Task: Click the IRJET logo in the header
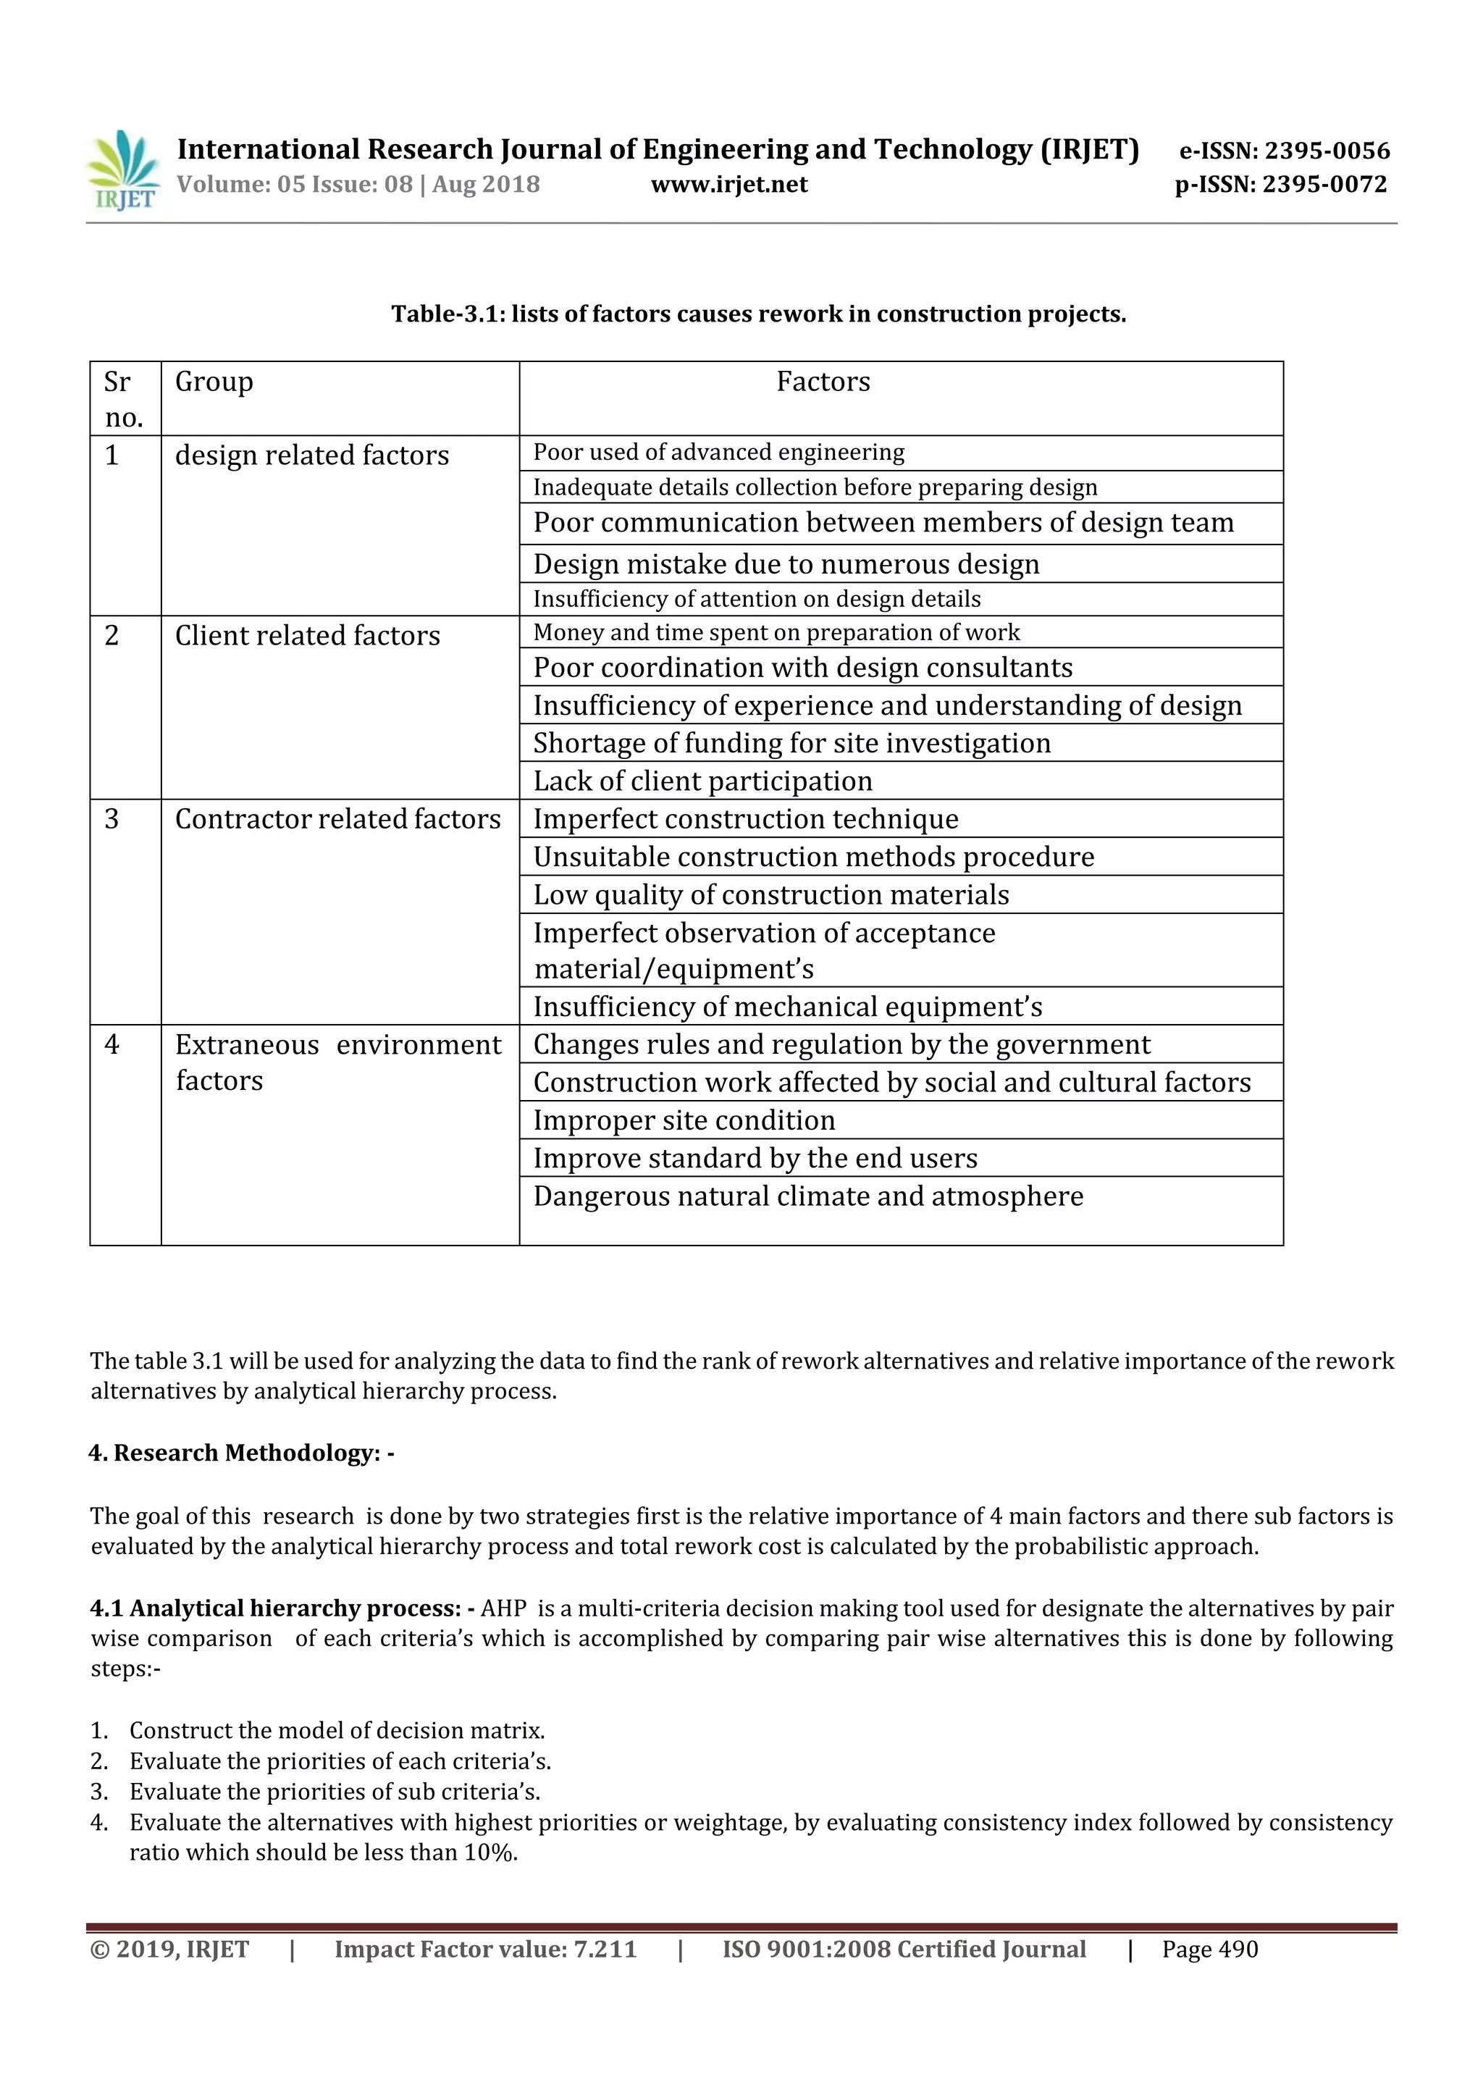[x=123, y=171]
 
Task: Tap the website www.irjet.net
[x=729, y=185]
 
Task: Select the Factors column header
[x=823, y=382]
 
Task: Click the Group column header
[x=214, y=382]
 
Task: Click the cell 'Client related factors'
[x=307, y=635]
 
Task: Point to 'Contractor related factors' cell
[x=337, y=819]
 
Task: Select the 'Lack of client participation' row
[x=702, y=781]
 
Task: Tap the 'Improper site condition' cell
[x=684, y=1120]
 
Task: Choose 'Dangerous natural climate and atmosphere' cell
[x=807, y=1196]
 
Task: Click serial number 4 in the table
[x=112, y=1044]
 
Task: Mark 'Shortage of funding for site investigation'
[x=791, y=743]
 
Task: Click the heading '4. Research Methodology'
[x=241, y=1453]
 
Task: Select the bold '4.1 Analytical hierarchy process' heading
[x=282, y=1608]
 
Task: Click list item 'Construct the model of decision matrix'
[x=336, y=1731]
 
